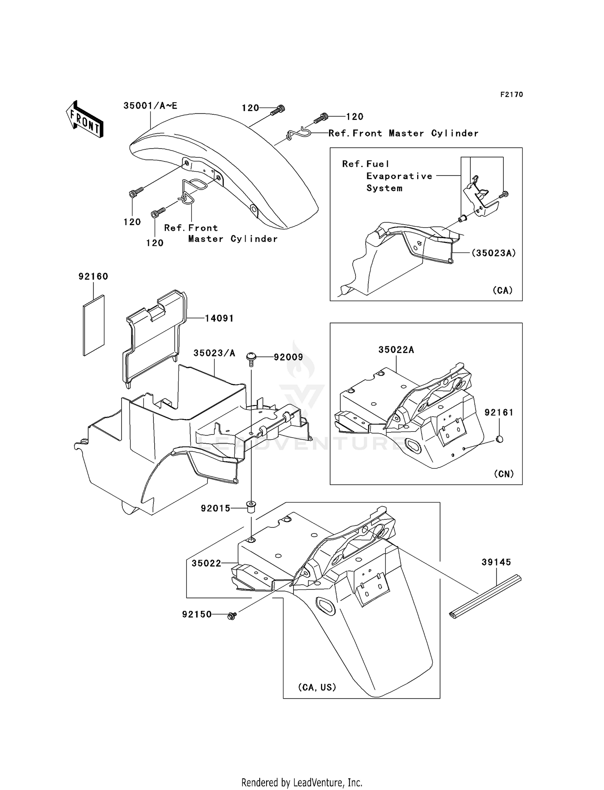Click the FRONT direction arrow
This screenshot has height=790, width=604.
(85, 119)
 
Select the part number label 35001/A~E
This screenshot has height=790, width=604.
(150, 105)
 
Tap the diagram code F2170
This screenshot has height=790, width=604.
(511, 94)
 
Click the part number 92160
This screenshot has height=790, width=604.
(93, 276)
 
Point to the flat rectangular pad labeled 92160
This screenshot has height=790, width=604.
(94, 325)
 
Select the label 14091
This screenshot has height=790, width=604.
(219, 318)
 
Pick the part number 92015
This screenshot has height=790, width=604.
(215, 509)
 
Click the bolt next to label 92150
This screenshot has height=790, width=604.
(232, 615)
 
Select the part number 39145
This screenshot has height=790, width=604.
(496, 562)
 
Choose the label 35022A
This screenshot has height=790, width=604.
(396, 350)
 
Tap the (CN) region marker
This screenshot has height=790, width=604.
(503, 474)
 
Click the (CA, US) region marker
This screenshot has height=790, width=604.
(317, 687)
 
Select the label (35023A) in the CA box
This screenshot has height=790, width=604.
(494, 253)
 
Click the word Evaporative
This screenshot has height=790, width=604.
(399, 176)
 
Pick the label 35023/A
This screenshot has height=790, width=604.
(214, 353)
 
